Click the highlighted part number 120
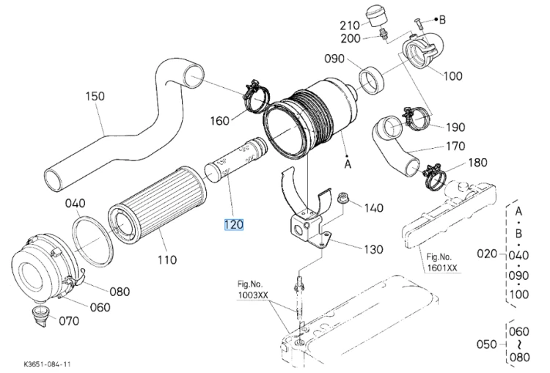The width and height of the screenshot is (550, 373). click(x=234, y=224)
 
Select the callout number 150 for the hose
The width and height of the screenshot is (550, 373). click(x=95, y=96)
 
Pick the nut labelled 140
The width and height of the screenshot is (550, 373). click(x=342, y=198)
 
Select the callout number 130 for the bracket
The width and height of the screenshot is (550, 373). click(x=373, y=249)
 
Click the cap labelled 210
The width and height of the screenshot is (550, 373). click(x=375, y=15)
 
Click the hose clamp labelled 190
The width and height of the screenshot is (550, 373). click(x=417, y=118)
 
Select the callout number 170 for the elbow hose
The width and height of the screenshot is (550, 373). click(x=455, y=146)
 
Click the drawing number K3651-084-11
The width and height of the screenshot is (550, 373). click(x=45, y=365)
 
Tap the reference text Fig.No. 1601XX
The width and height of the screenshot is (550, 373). click(x=442, y=262)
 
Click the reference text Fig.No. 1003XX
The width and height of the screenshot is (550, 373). click(x=252, y=289)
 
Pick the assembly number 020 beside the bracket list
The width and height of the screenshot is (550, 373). click(x=487, y=254)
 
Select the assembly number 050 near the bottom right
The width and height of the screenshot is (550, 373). click(x=486, y=344)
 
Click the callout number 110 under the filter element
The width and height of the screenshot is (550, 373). click(x=167, y=259)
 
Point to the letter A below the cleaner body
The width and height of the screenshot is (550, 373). click(x=348, y=163)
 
